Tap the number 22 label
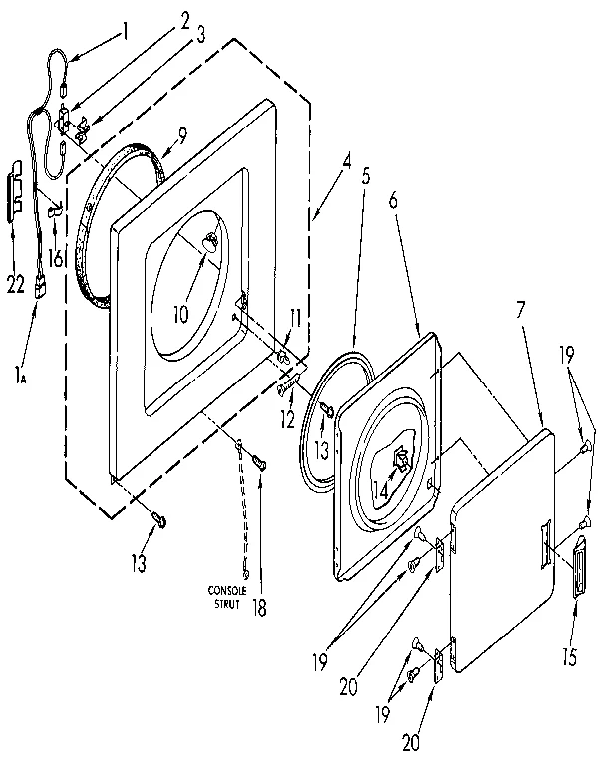point(14,284)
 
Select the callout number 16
point(56,258)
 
